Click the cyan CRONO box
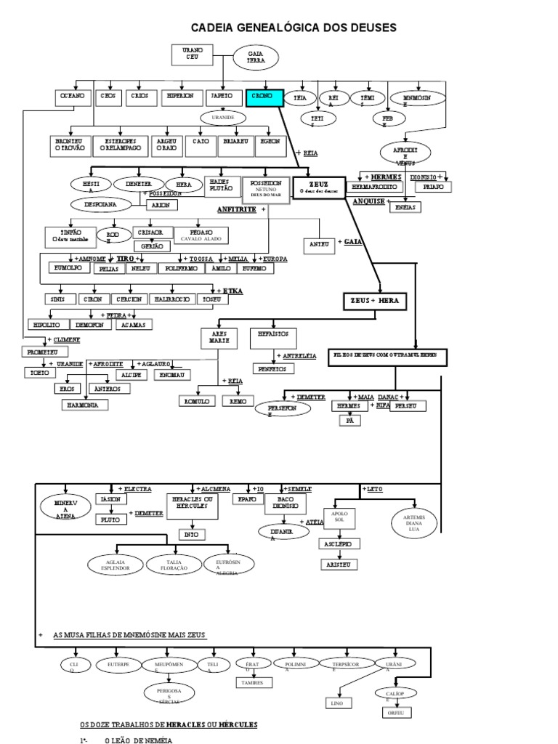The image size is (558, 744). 263,96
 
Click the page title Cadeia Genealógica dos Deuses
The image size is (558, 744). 294,28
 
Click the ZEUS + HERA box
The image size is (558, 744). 376,300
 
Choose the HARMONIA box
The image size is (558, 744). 85,404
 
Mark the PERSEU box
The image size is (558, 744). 409,407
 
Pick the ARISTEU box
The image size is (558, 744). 339,563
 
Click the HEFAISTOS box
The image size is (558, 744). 273,336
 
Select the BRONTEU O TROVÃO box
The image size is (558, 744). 70,145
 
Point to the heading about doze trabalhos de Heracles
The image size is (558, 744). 168,725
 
